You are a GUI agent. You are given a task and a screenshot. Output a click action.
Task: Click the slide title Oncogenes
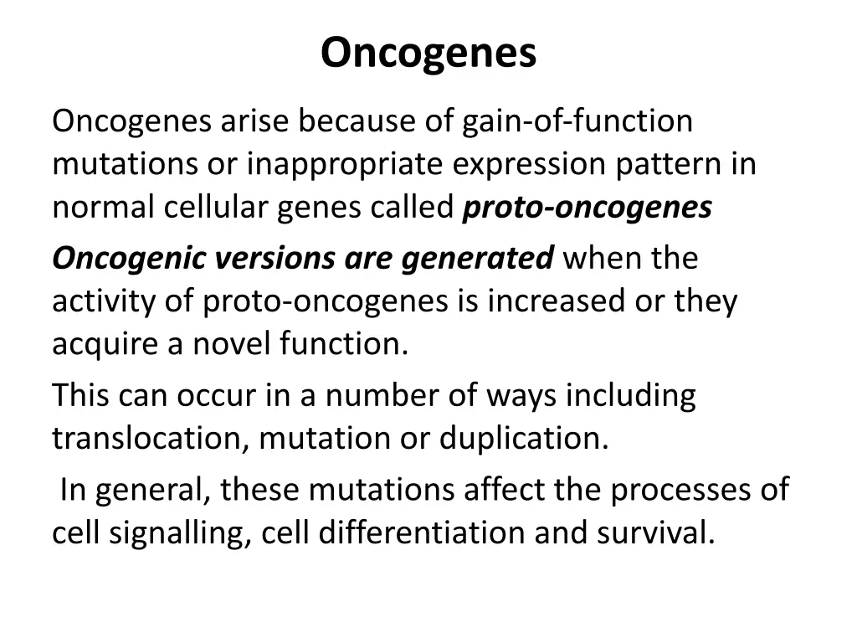(428, 53)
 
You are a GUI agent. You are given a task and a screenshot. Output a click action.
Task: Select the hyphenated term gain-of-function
(577, 121)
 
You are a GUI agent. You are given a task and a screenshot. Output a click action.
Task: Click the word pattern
(666, 165)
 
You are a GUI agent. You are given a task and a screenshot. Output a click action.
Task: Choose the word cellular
(216, 208)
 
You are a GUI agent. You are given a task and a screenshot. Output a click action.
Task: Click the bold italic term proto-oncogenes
(587, 208)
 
